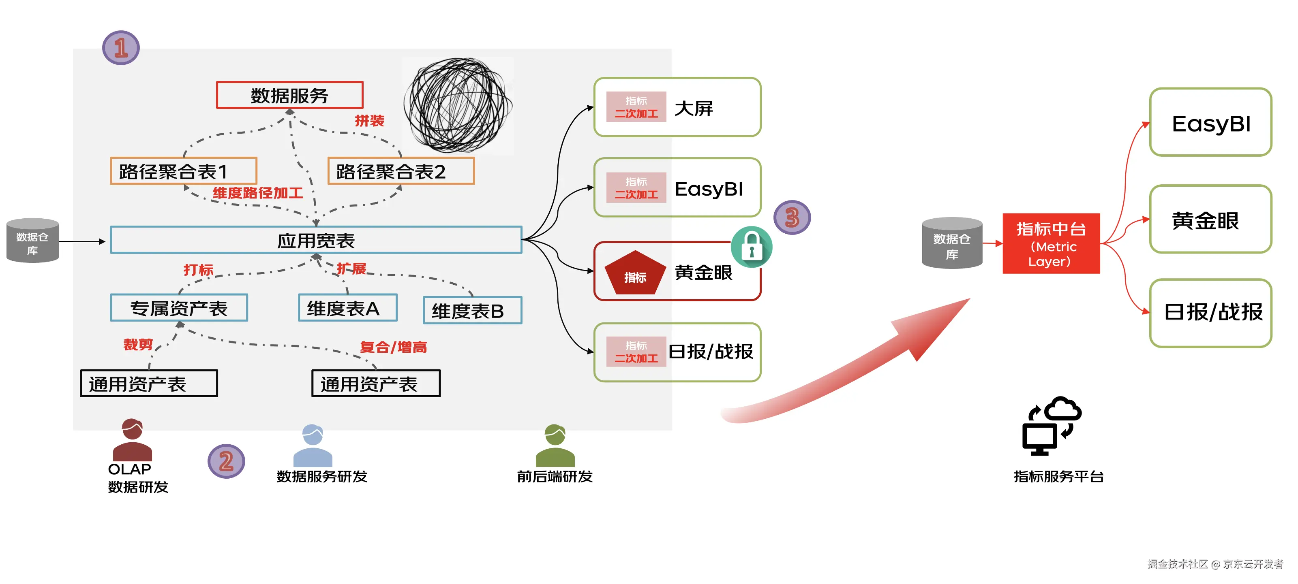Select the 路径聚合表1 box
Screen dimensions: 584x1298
click(183, 171)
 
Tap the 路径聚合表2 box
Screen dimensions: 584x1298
click(401, 171)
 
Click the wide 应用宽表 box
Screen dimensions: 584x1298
click(316, 240)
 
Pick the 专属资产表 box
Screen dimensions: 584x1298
click(179, 308)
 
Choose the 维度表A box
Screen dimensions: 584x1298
click(348, 308)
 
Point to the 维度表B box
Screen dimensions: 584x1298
click(472, 311)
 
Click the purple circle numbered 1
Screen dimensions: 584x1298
click(121, 48)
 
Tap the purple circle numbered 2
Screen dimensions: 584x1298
click(226, 460)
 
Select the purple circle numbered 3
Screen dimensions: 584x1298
click(792, 217)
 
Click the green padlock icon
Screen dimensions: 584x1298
click(751, 247)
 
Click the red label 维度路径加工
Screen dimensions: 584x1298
click(257, 193)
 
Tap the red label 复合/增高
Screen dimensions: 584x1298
click(393, 347)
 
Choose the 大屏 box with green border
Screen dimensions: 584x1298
click(677, 107)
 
